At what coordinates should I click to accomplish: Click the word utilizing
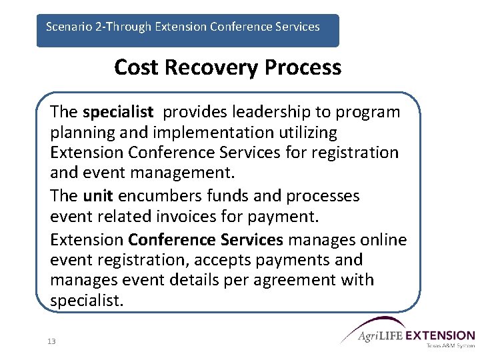click(x=307, y=132)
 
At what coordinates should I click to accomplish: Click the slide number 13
click(x=51, y=341)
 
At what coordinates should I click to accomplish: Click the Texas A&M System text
click(x=449, y=346)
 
